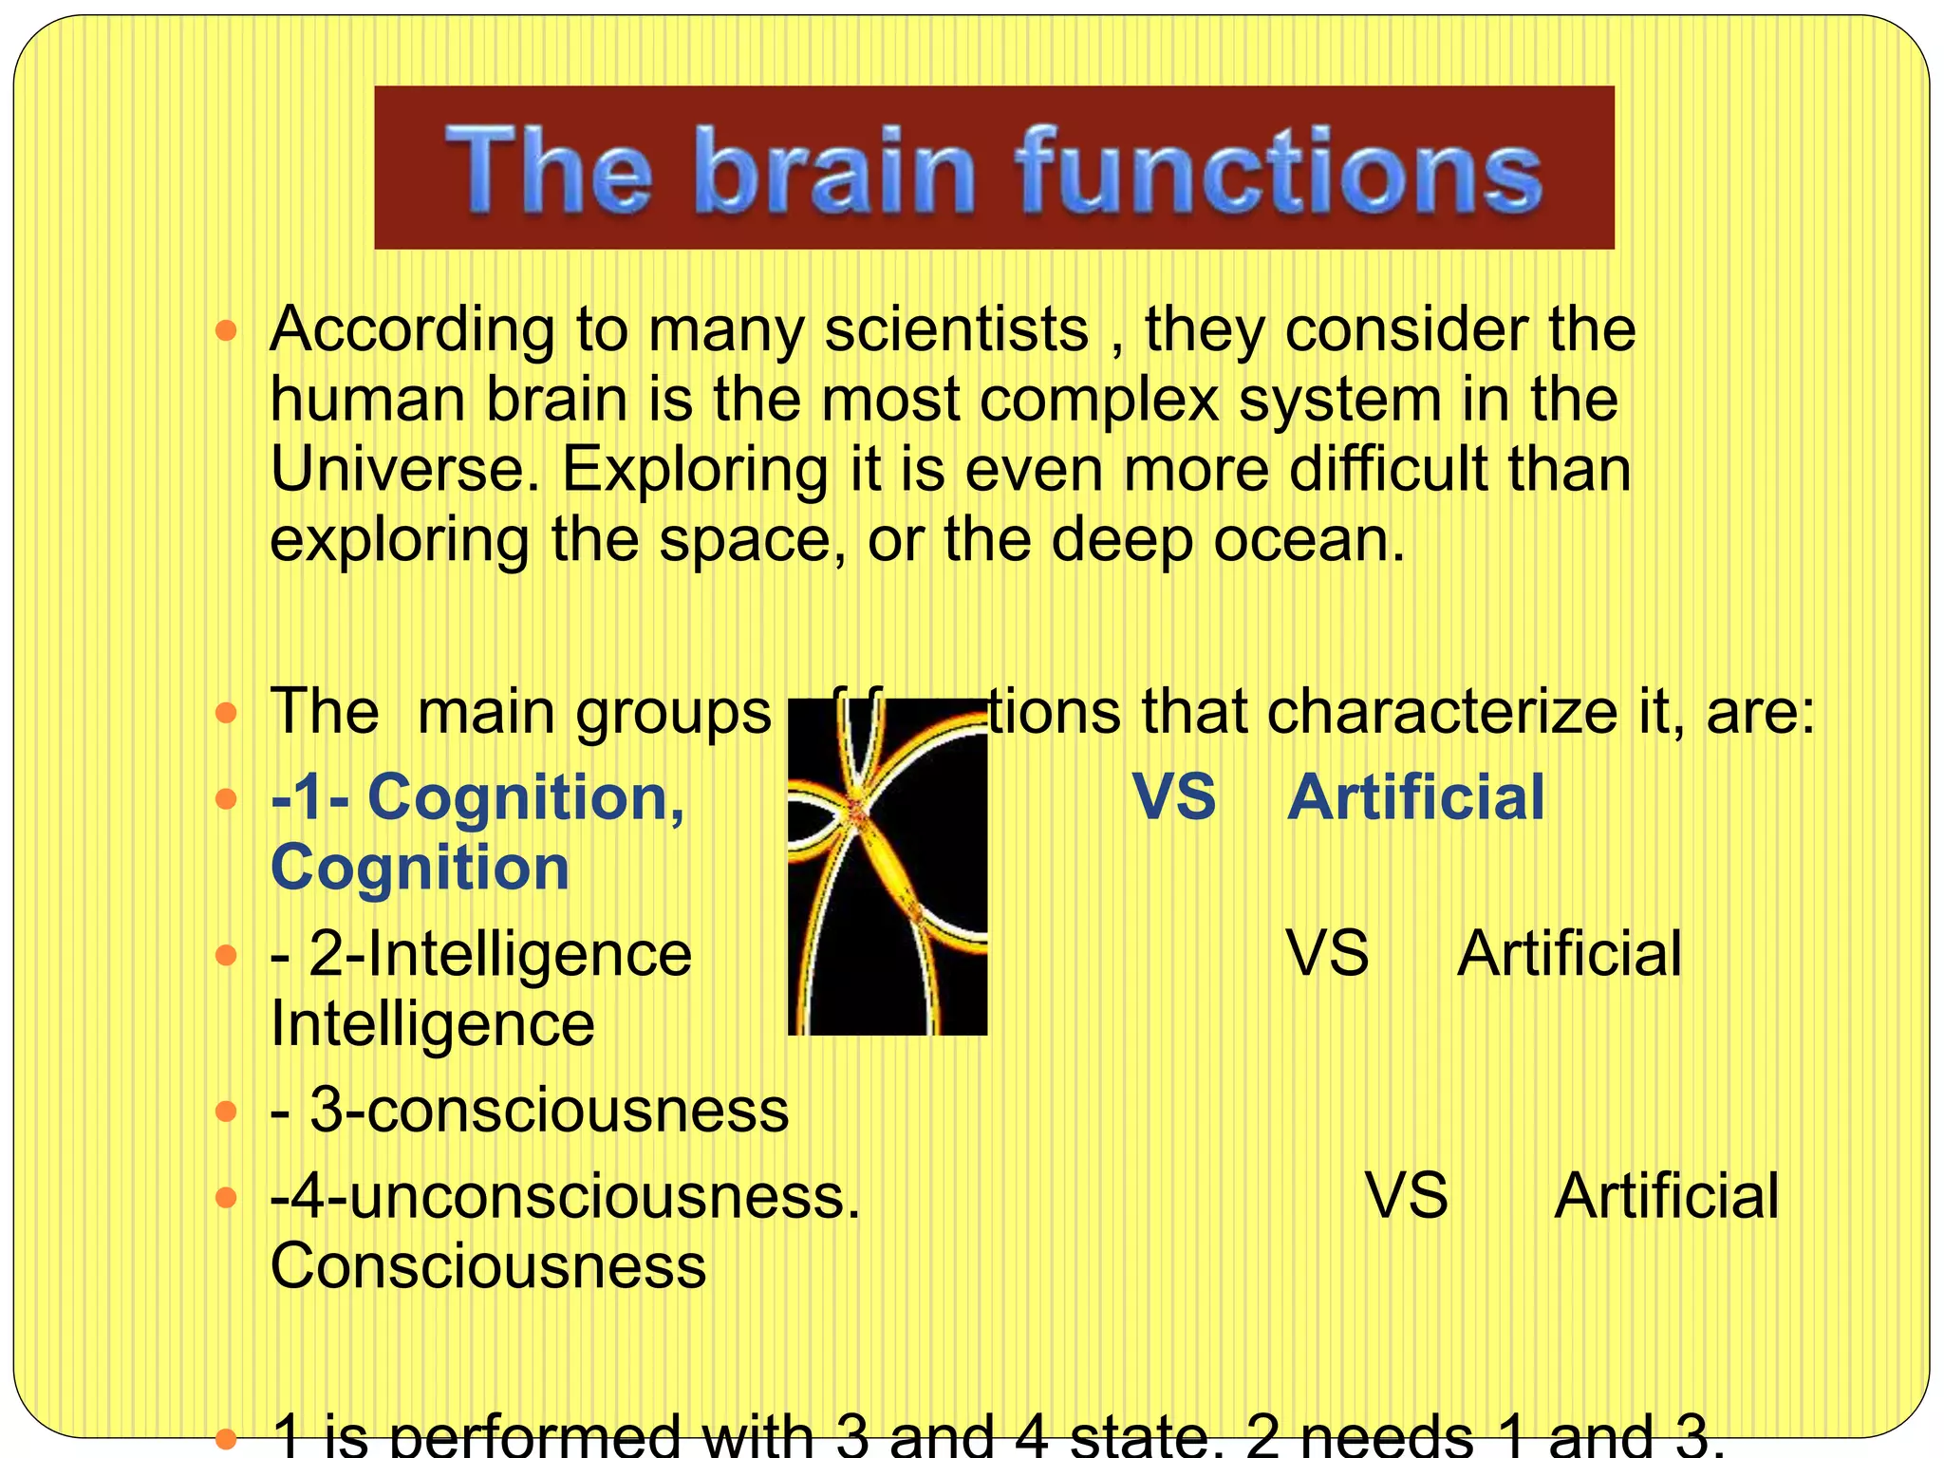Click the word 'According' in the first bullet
coord(412,330)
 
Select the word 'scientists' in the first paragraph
coord(956,330)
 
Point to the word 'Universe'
coord(404,469)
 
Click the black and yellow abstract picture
coord(888,867)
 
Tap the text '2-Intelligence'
coord(500,953)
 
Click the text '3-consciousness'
coord(549,1109)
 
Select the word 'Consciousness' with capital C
coord(488,1265)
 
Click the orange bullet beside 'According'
coord(226,331)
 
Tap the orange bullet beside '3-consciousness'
coord(226,1110)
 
